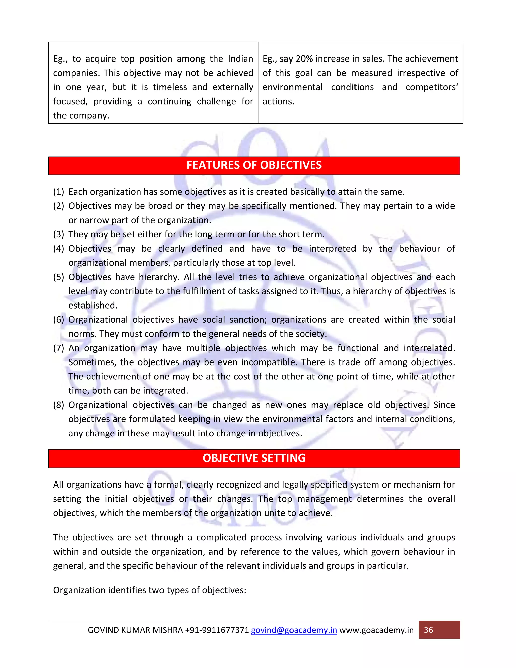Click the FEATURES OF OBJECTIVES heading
254,165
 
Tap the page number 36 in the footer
428,630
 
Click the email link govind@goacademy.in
294,630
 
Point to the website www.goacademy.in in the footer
377,630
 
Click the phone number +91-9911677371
217,630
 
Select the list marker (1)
59,192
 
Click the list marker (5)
59,277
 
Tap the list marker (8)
59,405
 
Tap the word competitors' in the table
432,87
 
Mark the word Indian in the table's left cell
240,59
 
